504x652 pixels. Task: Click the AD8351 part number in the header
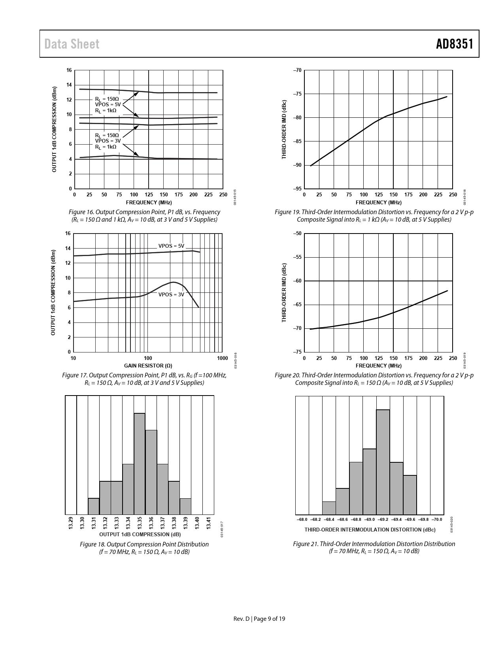[455, 44]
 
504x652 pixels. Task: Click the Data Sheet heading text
[72, 44]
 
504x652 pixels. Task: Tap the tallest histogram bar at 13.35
[140, 463]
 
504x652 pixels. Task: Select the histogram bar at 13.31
[94, 506]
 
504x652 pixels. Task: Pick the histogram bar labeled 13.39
[185, 506]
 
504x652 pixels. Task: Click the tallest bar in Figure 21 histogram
[383, 462]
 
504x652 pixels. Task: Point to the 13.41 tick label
[209, 522]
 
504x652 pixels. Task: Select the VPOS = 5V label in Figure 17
[171, 246]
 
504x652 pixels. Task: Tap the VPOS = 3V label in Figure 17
[171, 294]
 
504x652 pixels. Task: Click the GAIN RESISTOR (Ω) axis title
[148, 366]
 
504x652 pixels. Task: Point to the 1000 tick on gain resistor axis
[223, 358]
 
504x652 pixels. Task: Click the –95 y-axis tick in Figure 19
[298, 189]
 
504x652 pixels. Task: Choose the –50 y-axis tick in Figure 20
[298, 234]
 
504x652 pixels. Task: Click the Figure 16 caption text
[144, 216]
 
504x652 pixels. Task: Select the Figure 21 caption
[374, 547]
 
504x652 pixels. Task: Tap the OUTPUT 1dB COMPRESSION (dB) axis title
[140, 534]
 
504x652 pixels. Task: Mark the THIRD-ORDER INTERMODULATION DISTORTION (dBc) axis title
[370, 530]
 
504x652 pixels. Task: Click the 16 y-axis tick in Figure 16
[69, 70]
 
